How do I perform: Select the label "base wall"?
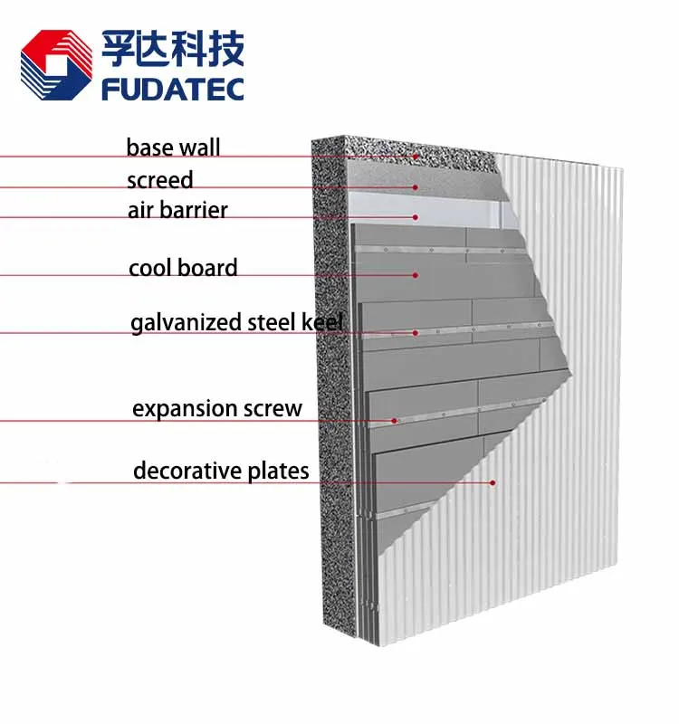pyautogui.click(x=173, y=148)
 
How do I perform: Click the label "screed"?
pyautogui.click(x=160, y=180)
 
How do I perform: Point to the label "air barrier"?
pyautogui.click(x=177, y=211)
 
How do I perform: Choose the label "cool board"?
pyautogui.click(x=183, y=268)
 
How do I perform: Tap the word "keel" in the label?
pyautogui.click(x=322, y=322)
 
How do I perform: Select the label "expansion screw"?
pyautogui.click(x=217, y=409)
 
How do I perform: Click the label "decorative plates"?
pyautogui.click(x=221, y=472)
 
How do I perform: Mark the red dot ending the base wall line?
pyautogui.click(x=416, y=157)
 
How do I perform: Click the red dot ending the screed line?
pyautogui.click(x=416, y=187)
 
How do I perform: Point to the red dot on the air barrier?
pyautogui.click(x=416, y=217)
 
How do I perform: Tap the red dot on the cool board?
pyautogui.click(x=416, y=274)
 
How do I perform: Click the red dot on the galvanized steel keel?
pyautogui.click(x=416, y=332)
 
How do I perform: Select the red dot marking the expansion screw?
pyautogui.click(x=395, y=421)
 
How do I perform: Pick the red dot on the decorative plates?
pyautogui.click(x=493, y=482)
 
